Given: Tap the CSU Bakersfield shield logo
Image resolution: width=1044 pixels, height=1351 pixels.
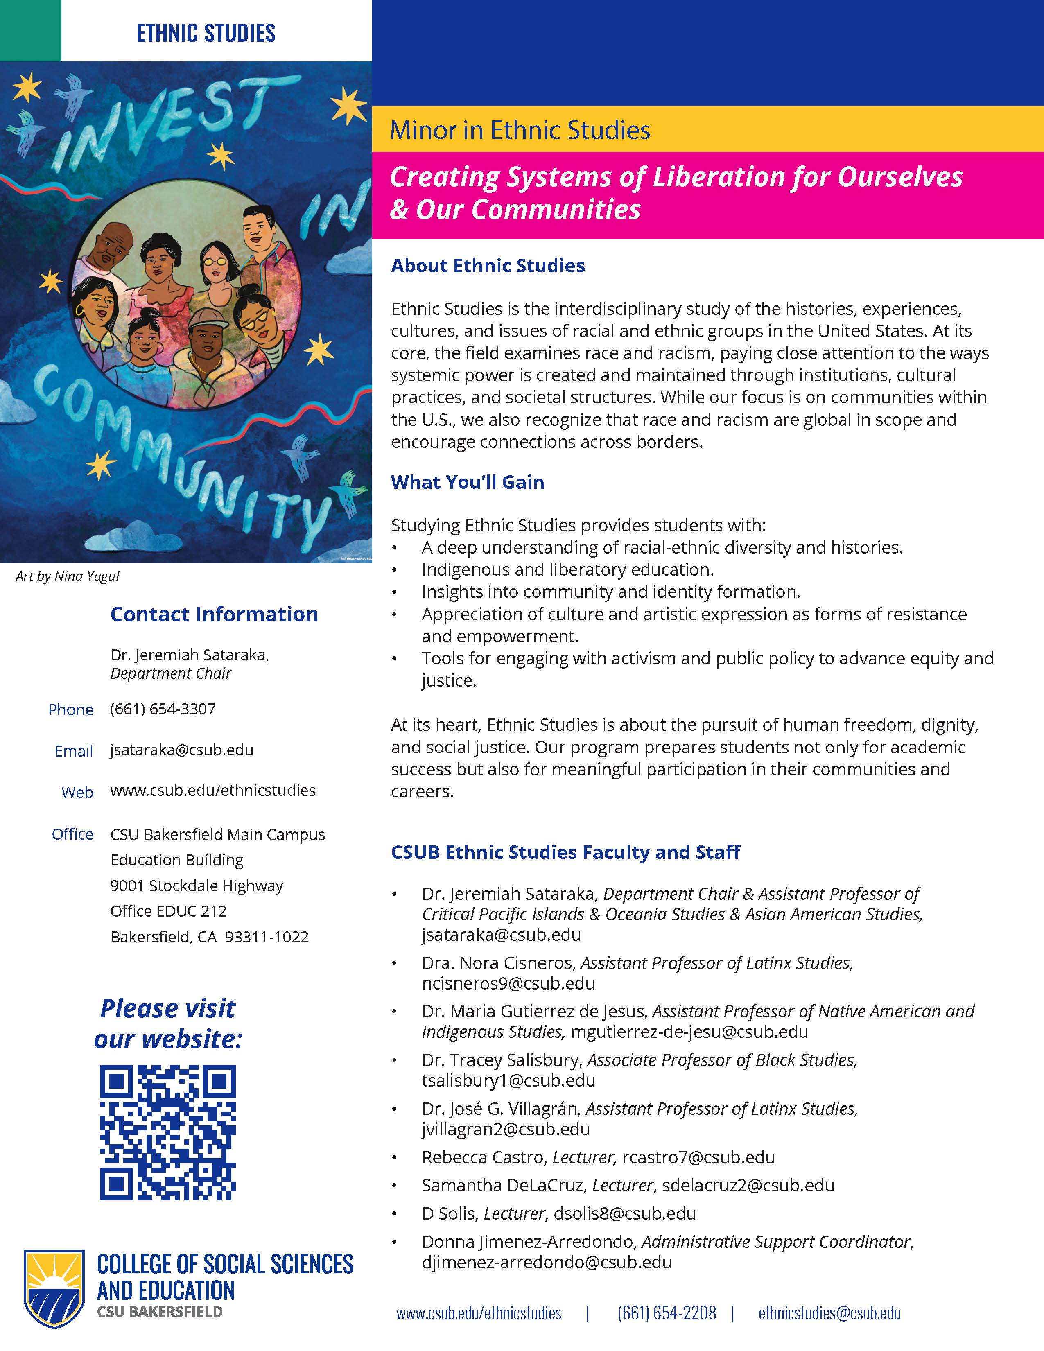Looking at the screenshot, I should pyautogui.click(x=54, y=1288).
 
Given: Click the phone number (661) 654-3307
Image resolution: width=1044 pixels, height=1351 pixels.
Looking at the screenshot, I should pyautogui.click(x=163, y=709).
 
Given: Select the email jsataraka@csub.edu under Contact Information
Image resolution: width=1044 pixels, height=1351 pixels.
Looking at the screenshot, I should pyautogui.click(x=182, y=750).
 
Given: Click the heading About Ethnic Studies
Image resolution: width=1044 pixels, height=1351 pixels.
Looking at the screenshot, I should pyautogui.click(x=487, y=265).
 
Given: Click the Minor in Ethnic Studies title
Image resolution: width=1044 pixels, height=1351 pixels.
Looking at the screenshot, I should pyautogui.click(x=520, y=130).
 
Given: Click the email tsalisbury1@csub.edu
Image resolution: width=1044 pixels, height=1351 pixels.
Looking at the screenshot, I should pyautogui.click(x=508, y=1080).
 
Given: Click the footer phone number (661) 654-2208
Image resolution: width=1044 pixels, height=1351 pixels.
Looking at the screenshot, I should pyautogui.click(x=666, y=1313).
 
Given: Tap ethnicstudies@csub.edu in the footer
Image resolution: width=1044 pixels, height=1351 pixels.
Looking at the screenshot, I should pyautogui.click(x=829, y=1313).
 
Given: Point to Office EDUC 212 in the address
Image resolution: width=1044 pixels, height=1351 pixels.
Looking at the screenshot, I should pyautogui.click(x=168, y=911).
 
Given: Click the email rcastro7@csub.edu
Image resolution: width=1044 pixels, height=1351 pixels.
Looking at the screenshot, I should pyautogui.click(x=698, y=1157).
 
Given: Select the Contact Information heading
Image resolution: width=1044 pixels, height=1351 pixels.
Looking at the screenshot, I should pyautogui.click(x=214, y=614).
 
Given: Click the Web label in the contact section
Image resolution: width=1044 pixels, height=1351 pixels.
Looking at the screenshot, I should pyautogui.click(x=77, y=793).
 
